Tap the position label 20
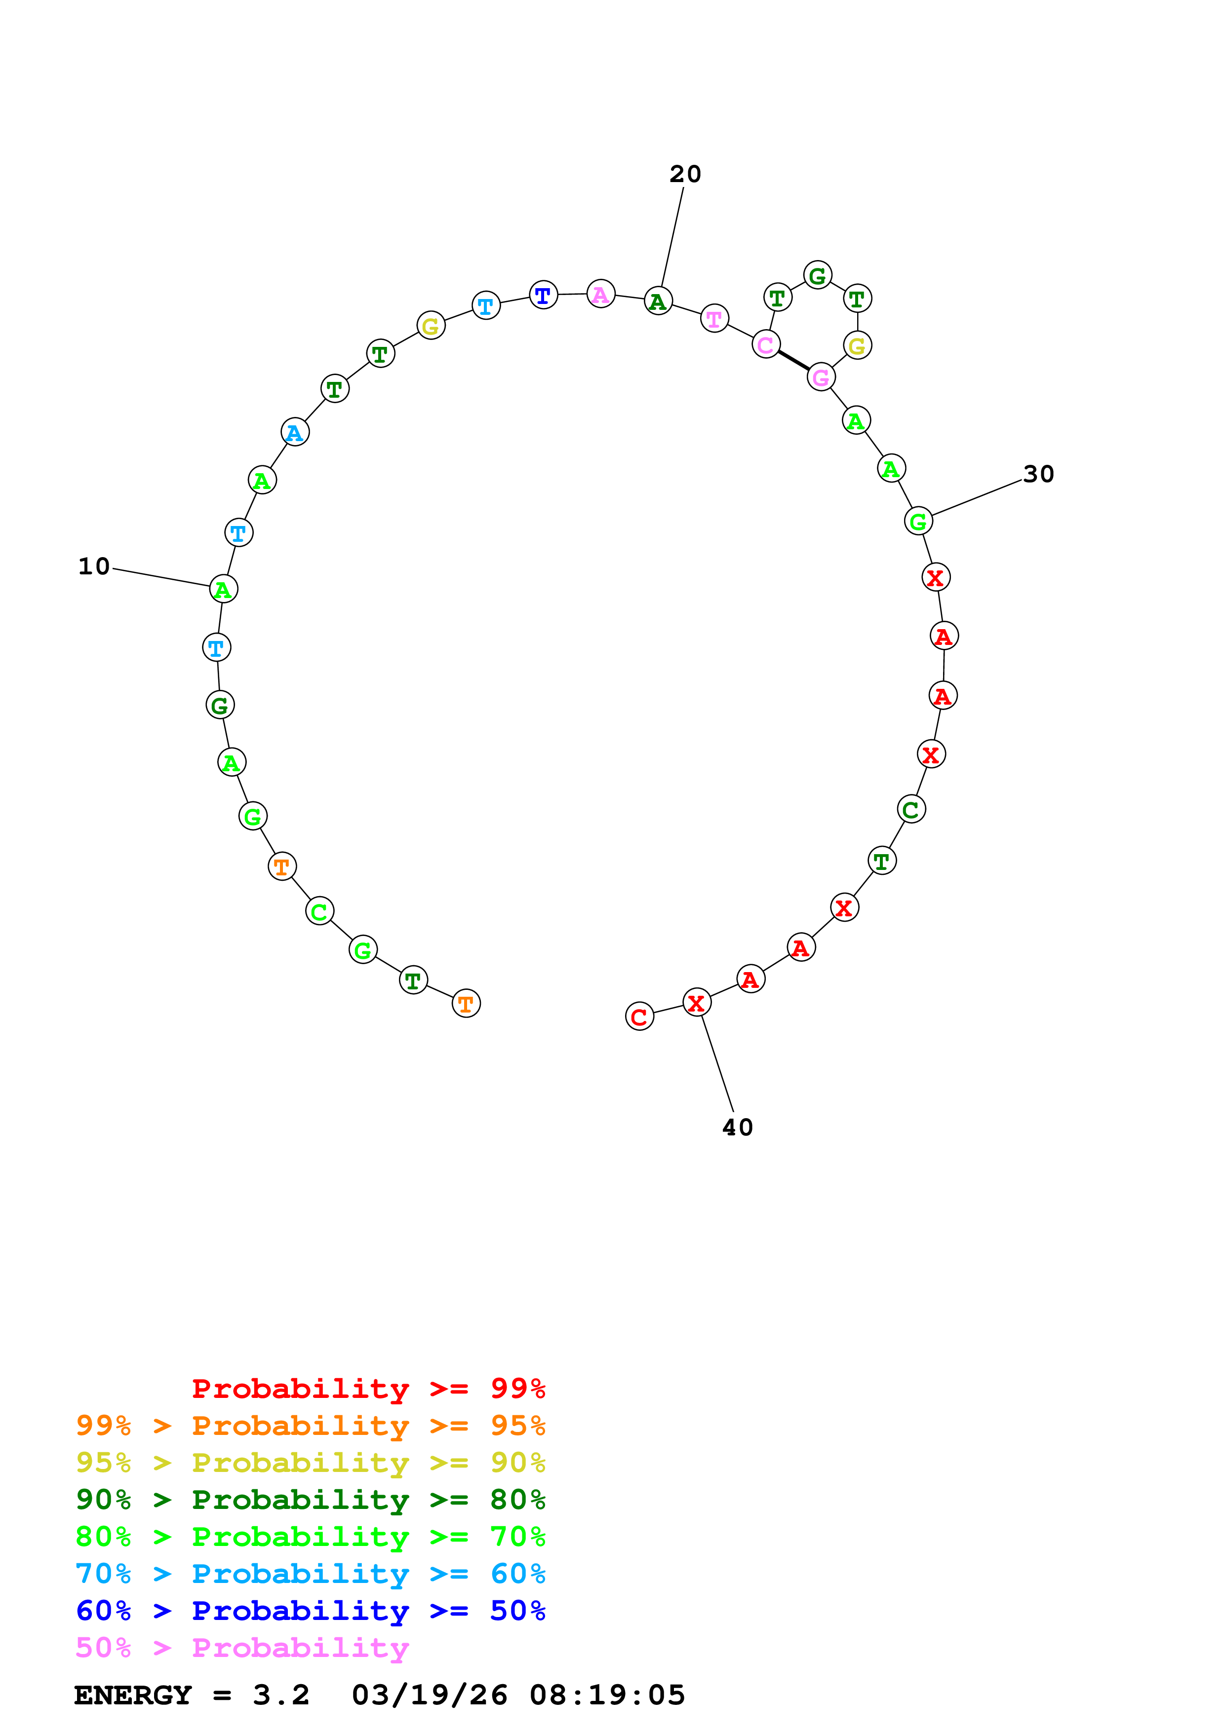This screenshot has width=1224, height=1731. click(685, 174)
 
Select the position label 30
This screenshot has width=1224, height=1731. click(1038, 474)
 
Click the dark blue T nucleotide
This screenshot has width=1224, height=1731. click(543, 295)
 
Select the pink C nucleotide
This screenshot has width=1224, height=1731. click(765, 344)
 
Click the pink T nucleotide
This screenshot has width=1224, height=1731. click(714, 318)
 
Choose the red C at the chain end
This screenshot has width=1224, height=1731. click(639, 1016)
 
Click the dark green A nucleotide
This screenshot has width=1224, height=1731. click(658, 301)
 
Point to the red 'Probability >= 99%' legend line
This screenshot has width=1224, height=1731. click(368, 1389)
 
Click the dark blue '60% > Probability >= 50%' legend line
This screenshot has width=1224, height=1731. click(311, 1611)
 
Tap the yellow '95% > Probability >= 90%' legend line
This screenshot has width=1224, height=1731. click(311, 1463)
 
